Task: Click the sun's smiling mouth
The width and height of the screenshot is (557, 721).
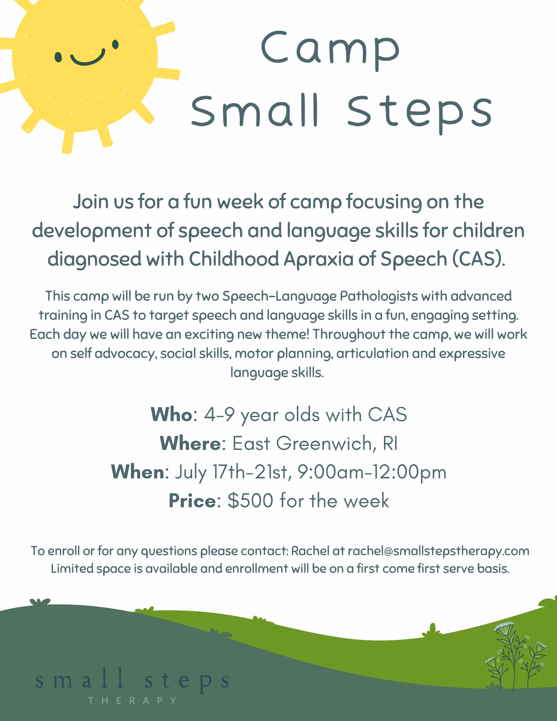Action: pos(88,58)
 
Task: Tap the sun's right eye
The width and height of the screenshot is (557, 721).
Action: pos(115,44)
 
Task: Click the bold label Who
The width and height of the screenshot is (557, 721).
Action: pos(171,414)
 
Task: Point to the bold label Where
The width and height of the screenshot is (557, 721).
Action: pos(190,443)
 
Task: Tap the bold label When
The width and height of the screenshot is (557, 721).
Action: pos(137,472)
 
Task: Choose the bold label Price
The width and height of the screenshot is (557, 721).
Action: pos(192,501)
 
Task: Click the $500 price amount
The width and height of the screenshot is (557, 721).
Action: pos(250,501)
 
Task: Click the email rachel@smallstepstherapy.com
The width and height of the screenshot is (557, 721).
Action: pos(438,551)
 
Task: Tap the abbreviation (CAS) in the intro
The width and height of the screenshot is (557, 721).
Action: pos(478,259)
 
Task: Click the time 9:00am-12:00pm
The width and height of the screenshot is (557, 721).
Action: pos(372,472)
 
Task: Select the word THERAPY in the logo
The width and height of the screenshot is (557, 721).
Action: pos(133,700)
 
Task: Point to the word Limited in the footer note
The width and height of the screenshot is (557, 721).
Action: pos(72,569)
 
